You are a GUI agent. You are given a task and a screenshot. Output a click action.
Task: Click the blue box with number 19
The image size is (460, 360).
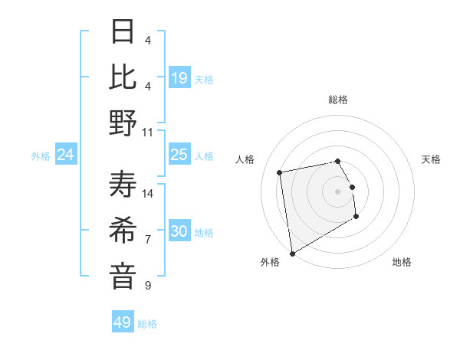coord(179,78)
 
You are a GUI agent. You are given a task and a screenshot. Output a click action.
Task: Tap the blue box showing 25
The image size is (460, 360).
coord(179,155)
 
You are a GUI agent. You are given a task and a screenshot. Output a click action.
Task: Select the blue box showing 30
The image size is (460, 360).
coord(179,231)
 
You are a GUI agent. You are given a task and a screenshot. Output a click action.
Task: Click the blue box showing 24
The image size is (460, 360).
coord(66,155)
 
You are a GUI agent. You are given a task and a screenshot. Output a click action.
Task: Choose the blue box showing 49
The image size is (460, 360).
coord(123,322)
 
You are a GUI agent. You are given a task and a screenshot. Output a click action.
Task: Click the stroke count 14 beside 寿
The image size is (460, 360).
coord(149,193)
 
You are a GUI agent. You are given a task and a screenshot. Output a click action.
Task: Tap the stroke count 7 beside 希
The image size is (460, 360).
coord(148,239)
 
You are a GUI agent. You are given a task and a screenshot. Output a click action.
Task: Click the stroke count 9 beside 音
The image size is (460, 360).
coord(148,285)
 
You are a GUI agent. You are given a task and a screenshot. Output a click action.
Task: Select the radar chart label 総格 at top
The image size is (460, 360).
coord(337,100)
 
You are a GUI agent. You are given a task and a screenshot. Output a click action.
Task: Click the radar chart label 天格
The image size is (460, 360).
coord(431,159)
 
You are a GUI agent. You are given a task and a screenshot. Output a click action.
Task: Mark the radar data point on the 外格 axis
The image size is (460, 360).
coord(292,253)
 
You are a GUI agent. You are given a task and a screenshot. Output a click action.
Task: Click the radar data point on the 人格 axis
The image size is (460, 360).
coord(280,172)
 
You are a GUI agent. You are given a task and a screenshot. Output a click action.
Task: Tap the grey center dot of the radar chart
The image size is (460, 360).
coord(337,191)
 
